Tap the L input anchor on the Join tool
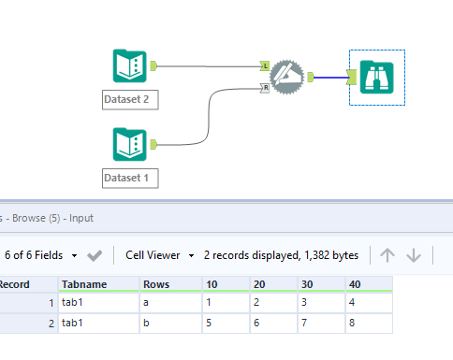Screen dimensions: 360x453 (x=265, y=66)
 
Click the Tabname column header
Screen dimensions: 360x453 (x=98, y=284)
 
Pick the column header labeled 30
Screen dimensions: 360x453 (x=320, y=284)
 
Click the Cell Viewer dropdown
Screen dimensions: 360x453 (x=160, y=254)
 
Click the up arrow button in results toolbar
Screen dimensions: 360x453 (x=388, y=254)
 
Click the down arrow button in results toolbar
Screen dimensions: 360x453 (x=414, y=254)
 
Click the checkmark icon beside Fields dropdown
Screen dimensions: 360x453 (x=95, y=254)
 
